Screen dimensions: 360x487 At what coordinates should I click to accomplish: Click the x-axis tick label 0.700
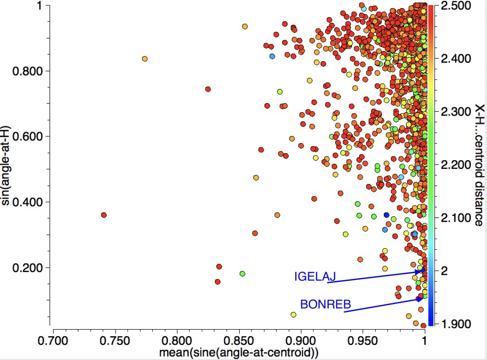[53, 341]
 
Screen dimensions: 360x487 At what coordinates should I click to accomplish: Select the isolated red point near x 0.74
[104, 215]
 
